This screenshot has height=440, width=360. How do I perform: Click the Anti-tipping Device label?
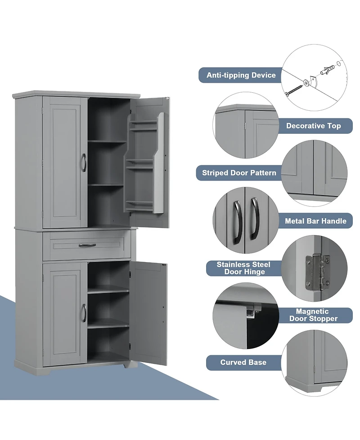click(x=241, y=75)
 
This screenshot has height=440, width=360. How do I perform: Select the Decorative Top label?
click(x=313, y=126)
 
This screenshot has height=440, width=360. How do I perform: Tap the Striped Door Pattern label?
click(x=239, y=172)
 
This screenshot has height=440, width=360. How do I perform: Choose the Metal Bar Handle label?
click(x=315, y=221)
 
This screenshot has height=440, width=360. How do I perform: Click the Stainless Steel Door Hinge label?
click(x=241, y=268)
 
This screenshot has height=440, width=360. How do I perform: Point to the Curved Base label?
click(x=243, y=362)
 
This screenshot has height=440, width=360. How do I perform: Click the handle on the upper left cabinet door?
click(x=83, y=163)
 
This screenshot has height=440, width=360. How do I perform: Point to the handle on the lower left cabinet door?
click(x=83, y=312)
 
